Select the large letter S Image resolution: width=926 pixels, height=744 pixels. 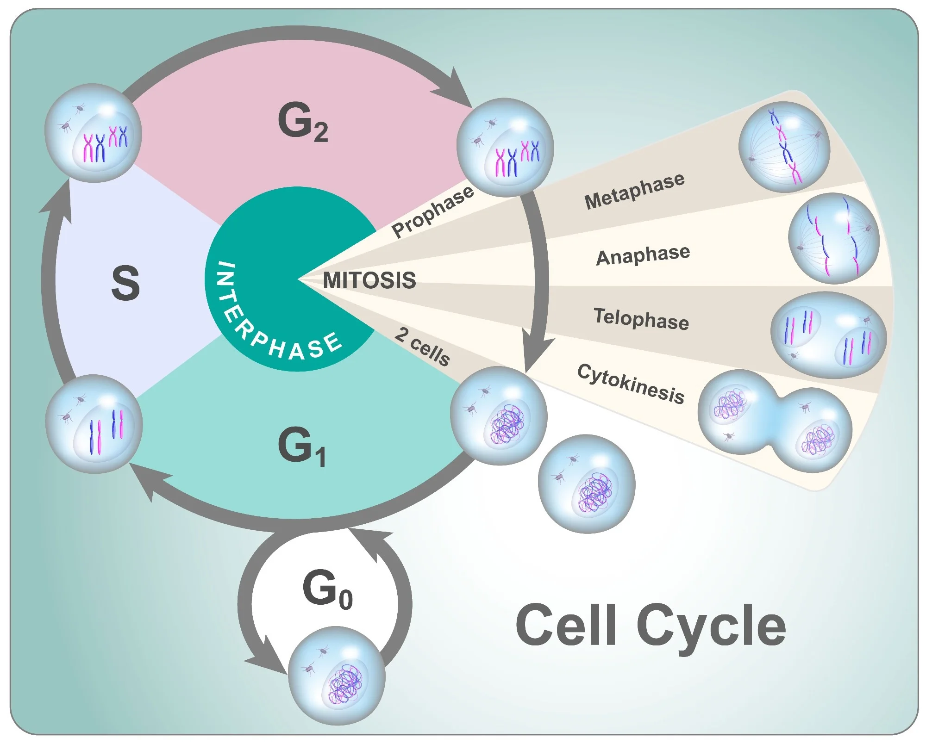coord(125,283)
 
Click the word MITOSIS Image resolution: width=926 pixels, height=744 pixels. coord(369,280)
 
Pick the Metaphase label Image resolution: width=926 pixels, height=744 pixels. coord(634,190)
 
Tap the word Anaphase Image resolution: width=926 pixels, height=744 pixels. coord(643,255)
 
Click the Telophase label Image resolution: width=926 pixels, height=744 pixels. coord(641,319)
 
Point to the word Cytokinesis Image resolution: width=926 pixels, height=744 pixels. coord(631,384)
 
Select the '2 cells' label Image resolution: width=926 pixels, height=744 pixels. coord(422,347)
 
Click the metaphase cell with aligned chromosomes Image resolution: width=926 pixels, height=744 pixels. coord(784,147)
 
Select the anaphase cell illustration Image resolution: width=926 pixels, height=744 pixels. coord(833,238)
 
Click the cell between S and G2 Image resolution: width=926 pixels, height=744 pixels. coord(93,133)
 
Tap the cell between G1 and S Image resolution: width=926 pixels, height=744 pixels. coord(94,424)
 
